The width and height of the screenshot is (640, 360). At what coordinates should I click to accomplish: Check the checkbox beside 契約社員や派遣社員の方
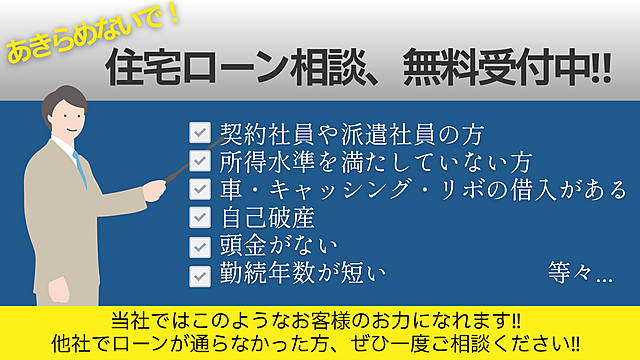200,132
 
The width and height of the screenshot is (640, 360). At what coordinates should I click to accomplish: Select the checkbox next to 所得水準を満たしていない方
200,160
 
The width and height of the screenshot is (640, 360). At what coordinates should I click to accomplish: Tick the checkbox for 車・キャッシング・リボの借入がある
200,188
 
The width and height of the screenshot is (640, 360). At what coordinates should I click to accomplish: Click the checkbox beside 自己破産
200,216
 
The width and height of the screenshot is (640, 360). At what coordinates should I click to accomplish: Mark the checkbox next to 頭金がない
200,244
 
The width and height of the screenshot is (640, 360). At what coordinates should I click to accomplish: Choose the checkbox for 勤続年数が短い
200,272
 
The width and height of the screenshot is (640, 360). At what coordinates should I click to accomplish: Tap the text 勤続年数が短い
301,272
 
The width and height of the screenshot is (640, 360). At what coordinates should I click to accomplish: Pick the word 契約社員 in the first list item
254,132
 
